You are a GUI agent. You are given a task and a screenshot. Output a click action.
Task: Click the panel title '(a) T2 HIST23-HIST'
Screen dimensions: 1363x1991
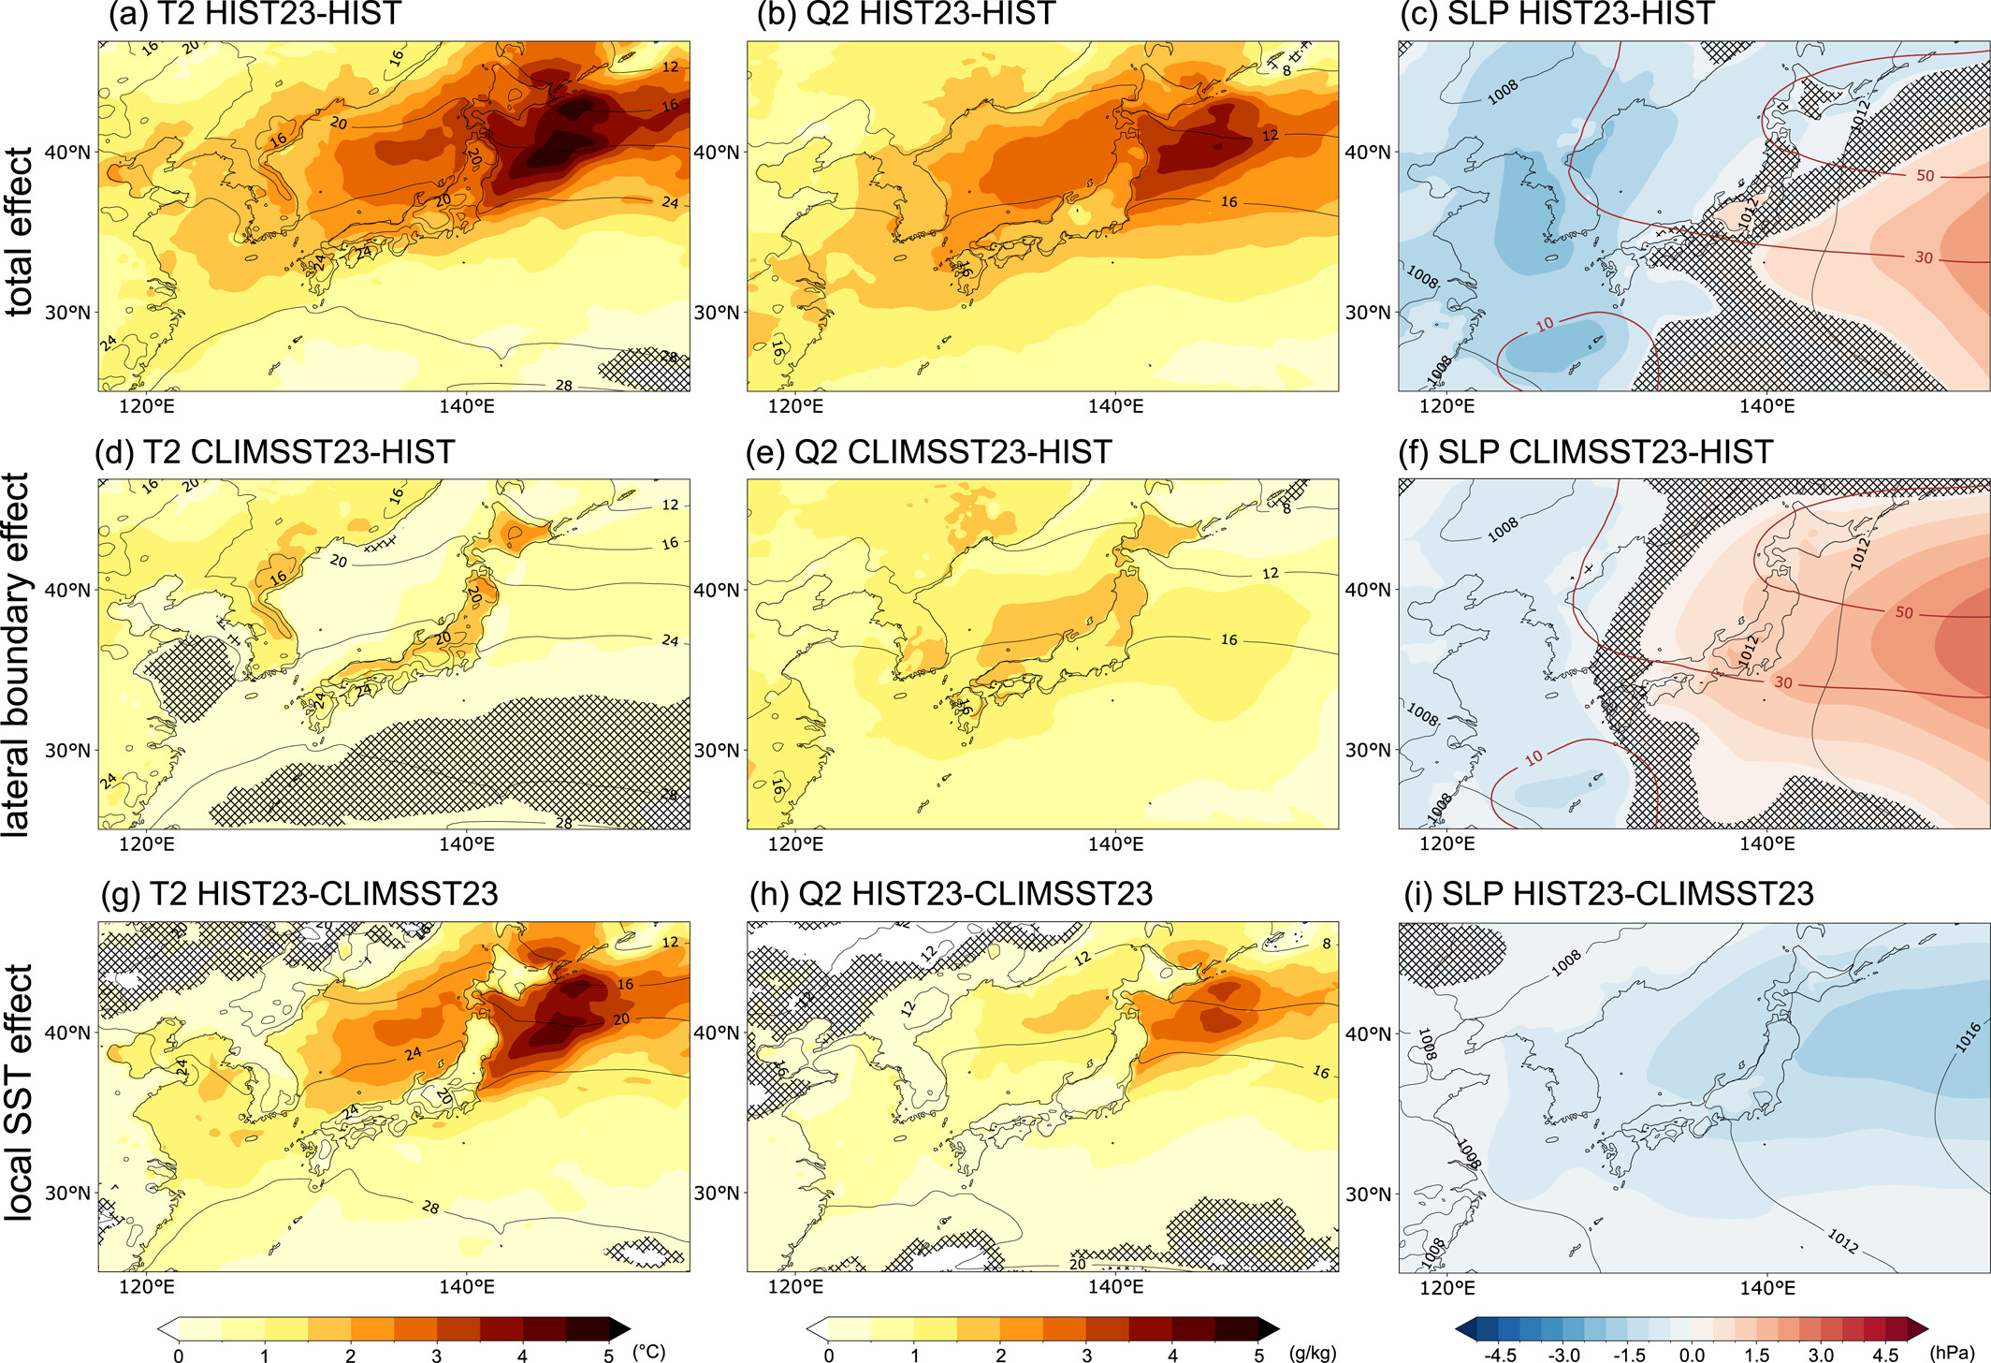[x=254, y=14]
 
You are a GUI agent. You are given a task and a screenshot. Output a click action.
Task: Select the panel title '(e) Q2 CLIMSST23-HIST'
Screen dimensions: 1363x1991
[x=929, y=452]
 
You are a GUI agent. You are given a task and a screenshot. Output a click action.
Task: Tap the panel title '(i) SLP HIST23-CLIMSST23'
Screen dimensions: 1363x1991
[x=1609, y=894]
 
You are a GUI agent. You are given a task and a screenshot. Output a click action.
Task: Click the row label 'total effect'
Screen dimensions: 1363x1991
[x=19, y=231]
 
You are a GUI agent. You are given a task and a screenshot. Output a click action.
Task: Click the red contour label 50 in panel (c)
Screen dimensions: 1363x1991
[x=1925, y=176]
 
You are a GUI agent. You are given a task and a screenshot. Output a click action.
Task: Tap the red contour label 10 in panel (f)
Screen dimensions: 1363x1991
[x=1533, y=757]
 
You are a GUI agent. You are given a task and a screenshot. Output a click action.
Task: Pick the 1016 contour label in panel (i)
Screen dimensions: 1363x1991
[x=1969, y=1037]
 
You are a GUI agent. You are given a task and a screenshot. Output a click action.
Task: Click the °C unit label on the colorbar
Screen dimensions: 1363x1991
[x=648, y=1351]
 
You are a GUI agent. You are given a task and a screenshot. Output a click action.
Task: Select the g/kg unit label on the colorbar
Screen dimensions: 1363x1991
[x=1312, y=1353]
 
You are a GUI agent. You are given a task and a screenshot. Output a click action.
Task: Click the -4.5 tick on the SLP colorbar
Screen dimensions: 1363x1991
[x=1500, y=1355]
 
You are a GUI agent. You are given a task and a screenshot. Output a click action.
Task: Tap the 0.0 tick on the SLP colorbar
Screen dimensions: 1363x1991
[x=1692, y=1355]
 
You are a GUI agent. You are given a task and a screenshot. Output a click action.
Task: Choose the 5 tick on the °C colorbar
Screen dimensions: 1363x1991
[x=608, y=1355]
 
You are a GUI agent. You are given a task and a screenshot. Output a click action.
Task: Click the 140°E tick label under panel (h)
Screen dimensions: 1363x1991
[x=1115, y=1286]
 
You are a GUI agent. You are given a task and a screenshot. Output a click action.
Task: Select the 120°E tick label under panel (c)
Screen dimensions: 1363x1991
[x=1446, y=406]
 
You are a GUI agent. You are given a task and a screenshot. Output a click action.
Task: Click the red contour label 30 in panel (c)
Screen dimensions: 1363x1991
[x=1923, y=257]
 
